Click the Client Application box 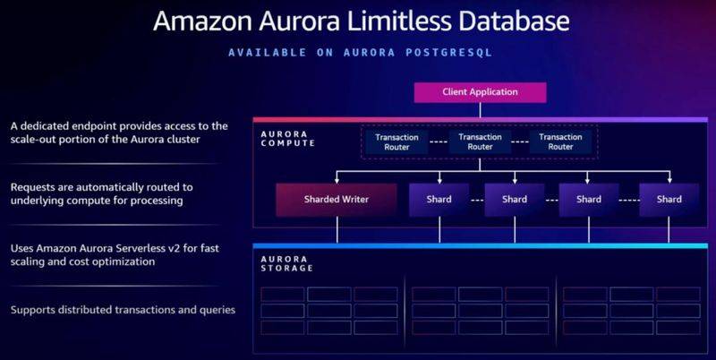[x=480, y=92]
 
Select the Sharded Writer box [x=337, y=200]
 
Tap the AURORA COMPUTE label [x=287, y=139]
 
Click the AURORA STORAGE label [x=286, y=263]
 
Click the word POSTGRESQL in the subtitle [x=449, y=53]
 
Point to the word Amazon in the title [x=203, y=21]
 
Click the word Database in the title [x=514, y=21]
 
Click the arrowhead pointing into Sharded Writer [x=337, y=181]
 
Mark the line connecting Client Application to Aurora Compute [x=480, y=110]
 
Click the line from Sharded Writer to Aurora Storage [x=337, y=230]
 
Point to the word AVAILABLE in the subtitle [x=268, y=53]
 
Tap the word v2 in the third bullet [x=190, y=249]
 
